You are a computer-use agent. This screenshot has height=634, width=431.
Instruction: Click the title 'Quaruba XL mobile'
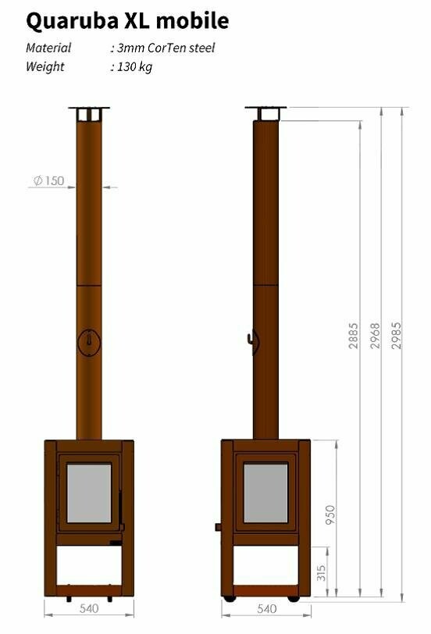point(127,20)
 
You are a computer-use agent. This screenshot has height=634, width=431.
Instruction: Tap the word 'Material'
point(48,48)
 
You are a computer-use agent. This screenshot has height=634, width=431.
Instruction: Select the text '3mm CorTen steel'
point(166,48)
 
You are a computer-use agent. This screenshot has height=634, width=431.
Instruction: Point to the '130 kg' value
point(134,67)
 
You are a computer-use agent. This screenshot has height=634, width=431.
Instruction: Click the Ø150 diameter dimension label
point(48,181)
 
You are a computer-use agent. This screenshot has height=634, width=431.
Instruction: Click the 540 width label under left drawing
point(88,608)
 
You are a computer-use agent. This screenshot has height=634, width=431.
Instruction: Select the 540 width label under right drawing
point(265,608)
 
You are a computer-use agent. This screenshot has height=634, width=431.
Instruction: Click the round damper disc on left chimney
point(89,341)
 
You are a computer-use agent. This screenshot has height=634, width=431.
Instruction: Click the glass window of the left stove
point(89,493)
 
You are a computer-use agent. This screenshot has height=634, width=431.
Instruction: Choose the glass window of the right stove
point(265,493)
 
